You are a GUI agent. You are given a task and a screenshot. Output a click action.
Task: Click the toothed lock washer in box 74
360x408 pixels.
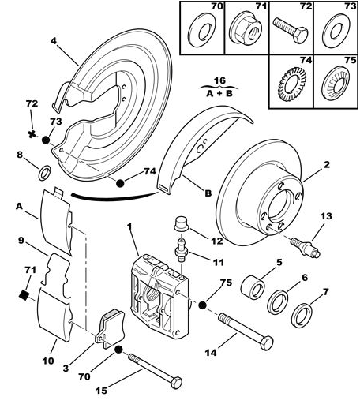(x=293, y=84)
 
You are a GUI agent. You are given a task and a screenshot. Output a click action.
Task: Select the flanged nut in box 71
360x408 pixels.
(x=244, y=29)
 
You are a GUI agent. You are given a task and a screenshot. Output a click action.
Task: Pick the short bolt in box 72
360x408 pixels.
(x=291, y=30)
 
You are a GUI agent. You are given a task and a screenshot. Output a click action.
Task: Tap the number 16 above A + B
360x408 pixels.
(x=219, y=80)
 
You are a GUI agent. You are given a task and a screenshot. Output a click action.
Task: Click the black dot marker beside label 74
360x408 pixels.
(x=120, y=183)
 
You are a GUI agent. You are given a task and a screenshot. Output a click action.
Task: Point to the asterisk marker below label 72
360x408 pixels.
(x=32, y=134)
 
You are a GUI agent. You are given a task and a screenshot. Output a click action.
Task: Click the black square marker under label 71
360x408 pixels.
(x=24, y=294)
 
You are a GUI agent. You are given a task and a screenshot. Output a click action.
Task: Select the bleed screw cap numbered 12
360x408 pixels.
(x=182, y=224)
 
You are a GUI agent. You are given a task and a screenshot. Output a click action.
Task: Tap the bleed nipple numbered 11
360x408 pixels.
(x=182, y=250)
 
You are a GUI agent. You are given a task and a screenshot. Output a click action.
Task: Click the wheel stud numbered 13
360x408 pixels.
(x=306, y=247)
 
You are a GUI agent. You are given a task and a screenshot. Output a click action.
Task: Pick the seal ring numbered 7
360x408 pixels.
(x=302, y=316)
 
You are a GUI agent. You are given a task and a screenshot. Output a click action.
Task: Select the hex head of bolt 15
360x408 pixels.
(x=176, y=383)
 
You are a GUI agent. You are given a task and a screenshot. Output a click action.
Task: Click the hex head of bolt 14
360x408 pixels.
(x=267, y=342)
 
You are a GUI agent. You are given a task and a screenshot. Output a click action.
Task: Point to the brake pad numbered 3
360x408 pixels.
(x=110, y=328)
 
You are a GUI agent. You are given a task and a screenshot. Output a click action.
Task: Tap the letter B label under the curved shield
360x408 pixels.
(x=208, y=193)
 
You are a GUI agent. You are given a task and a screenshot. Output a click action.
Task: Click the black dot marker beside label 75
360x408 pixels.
(x=202, y=305)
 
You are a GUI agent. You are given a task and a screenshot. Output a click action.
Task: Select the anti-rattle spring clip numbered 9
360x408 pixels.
(x=57, y=275)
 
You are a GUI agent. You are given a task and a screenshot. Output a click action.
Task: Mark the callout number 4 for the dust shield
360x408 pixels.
(x=54, y=41)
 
